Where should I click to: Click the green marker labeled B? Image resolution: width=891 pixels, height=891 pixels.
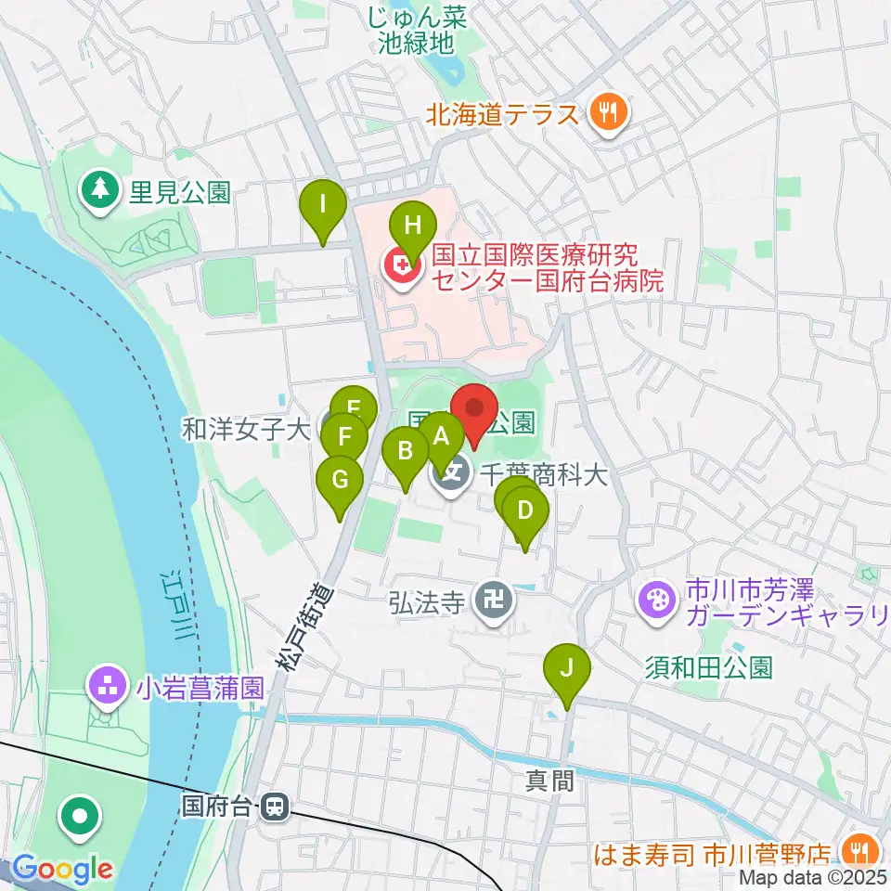pyautogui.click(x=406, y=453)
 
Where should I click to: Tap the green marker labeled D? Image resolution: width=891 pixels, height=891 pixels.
pyautogui.click(x=525, y=512)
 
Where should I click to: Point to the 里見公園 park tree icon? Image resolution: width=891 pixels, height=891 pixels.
pyautogui.click(x=97, y=190)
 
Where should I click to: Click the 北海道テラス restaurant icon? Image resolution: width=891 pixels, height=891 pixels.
pyautogui.click(x=609, y=115)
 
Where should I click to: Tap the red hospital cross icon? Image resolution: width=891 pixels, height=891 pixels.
pyautogui.click(x=402, y=269)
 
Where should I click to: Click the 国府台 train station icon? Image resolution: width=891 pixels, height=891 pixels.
pyautogui.click(x=275, y=806)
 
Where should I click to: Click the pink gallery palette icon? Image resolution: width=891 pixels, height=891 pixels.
pyautogui.click(x=657, y=600)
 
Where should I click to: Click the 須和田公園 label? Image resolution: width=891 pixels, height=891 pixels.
pyautogui.click(x=709, y=666)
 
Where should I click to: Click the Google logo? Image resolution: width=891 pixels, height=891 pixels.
pyautogui.click(x=62, y=870)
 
